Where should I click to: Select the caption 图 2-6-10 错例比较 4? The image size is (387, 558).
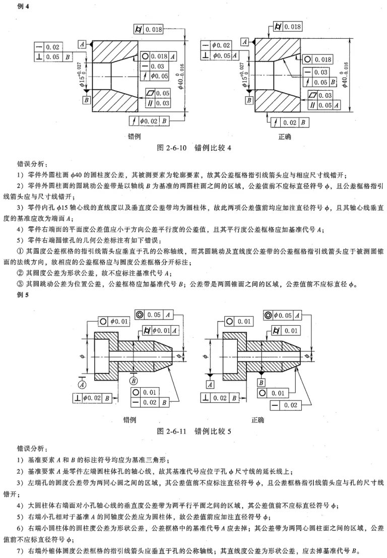[x=194, y=148]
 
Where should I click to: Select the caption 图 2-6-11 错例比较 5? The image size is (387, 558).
[x=194, y=431]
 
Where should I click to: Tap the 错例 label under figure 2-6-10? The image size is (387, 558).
[x=135, y=137]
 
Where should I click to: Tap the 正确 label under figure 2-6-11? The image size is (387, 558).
[x=258, y=420]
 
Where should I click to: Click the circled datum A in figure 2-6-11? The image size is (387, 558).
[x=83, y=385]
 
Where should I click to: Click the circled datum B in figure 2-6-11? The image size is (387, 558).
[x=134, y=381]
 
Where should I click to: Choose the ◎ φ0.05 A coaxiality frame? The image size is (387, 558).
[x=282, y=316]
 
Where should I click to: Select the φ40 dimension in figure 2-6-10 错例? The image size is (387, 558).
[x=181, y=77]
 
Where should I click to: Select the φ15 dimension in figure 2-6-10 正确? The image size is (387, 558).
[x=244, y=75]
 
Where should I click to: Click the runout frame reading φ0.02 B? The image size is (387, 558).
[x=149, y=121]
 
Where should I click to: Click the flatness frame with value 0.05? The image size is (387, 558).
[x=158, y=93]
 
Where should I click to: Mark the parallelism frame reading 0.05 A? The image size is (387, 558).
[x=324, y=105]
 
